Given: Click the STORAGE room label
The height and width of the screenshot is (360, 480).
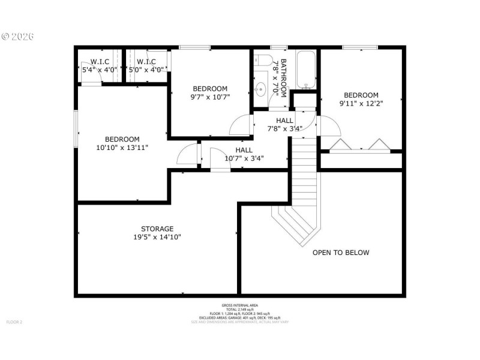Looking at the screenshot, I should pos(157,229).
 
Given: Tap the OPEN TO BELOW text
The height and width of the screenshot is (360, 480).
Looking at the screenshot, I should pos(341,253).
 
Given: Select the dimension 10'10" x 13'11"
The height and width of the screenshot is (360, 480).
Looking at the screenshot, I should pos(122,147).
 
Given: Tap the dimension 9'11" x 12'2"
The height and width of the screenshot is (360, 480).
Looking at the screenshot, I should pos(361,103).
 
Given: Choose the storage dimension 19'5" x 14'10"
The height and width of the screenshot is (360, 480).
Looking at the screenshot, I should pos(157,237).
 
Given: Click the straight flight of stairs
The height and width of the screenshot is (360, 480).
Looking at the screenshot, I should pos(304,171).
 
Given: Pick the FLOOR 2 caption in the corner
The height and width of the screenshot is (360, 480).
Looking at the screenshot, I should pos(14,322).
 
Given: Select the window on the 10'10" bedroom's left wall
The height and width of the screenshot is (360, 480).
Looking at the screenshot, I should pos(76,128).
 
